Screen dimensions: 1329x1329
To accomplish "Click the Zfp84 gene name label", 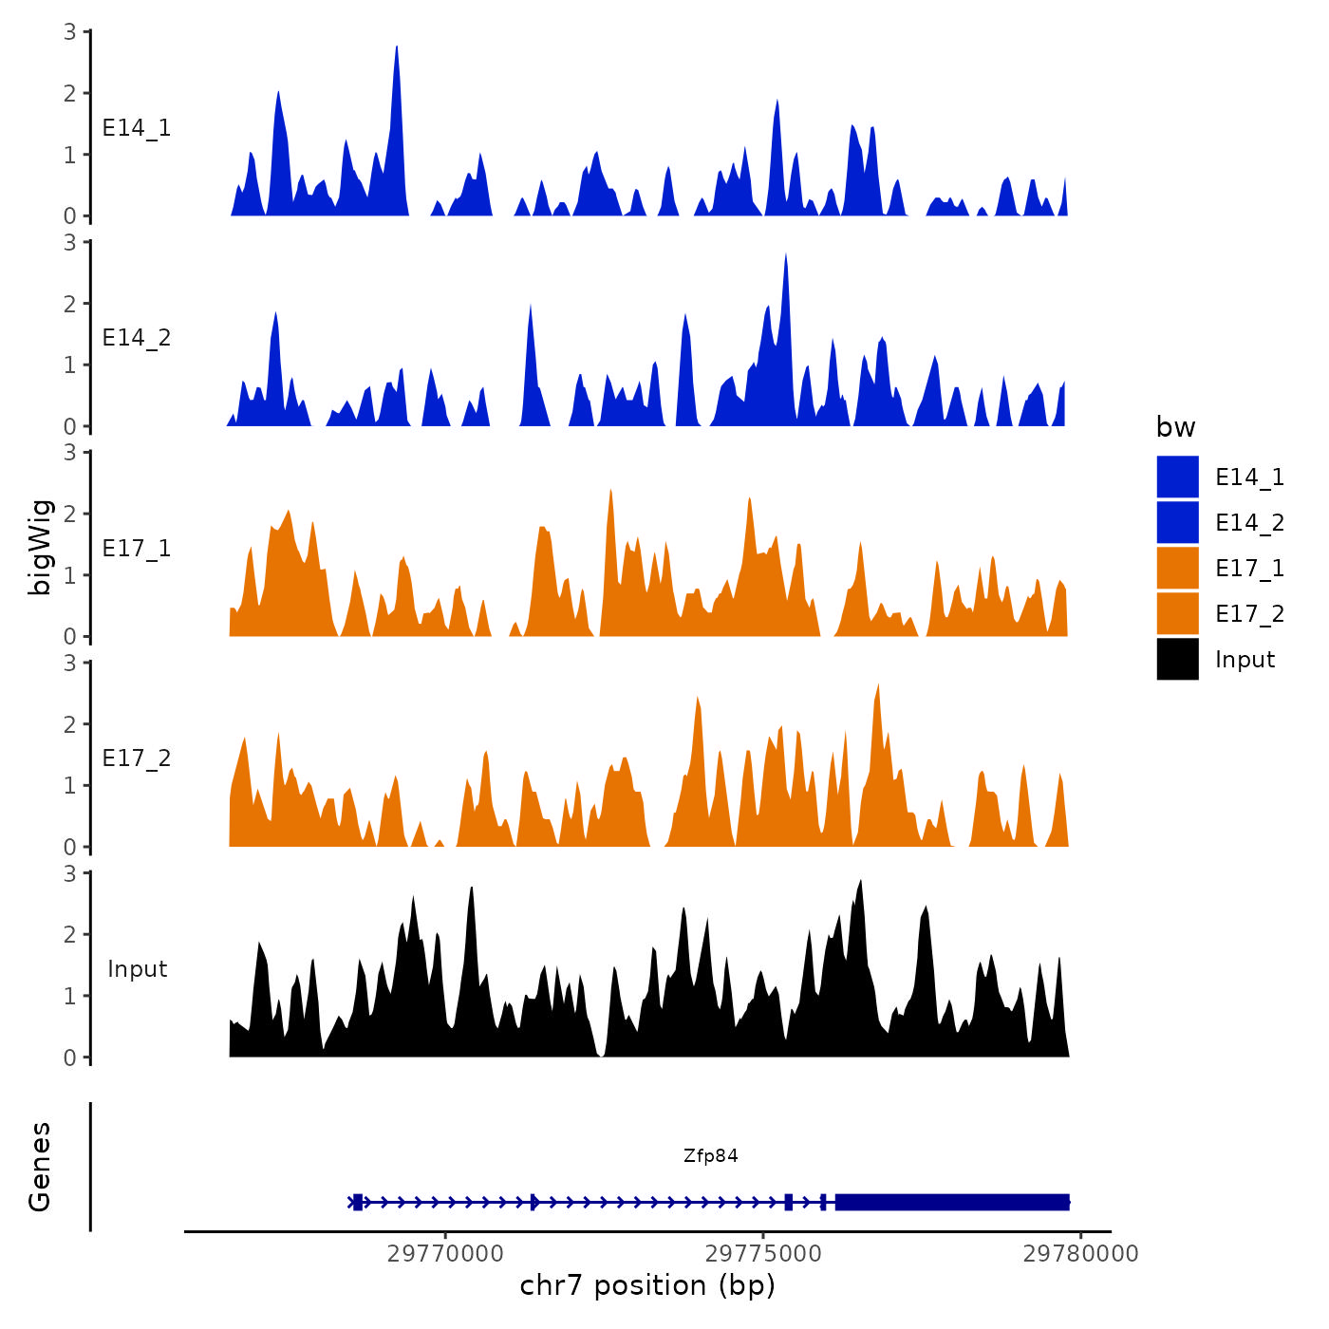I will tap(710, 1155).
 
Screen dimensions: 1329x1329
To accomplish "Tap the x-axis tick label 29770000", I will tap(445, 1253).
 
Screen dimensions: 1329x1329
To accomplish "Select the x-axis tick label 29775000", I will tap(763, 1253).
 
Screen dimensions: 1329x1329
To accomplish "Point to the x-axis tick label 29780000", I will tap(1080, 1253).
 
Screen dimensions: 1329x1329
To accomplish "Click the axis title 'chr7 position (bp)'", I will tap(647, 1285).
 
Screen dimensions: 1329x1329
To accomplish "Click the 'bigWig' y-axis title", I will tap(40, 548).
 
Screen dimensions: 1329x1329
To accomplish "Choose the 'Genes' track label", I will tap(40, 1167).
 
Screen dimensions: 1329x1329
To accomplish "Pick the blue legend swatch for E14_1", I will tap(1177, 477).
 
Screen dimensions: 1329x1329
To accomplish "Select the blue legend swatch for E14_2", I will tap(1177, 522).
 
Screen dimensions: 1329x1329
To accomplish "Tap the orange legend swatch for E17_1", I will tap(1177, 568).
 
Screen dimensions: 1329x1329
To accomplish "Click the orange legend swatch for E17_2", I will tap(1177, 613).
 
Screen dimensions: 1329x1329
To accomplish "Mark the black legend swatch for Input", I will tap(1177, 659).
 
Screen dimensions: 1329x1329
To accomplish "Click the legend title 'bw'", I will tap(1175, 427).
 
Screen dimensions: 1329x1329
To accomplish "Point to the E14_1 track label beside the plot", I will tap(137, 128).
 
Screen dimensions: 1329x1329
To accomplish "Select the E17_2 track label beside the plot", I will tap(137, 758).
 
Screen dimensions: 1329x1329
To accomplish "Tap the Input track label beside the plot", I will tap(137, 969).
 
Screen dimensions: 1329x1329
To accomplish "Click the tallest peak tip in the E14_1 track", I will tap(397, 47).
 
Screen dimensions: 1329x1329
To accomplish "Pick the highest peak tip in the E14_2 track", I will tap(786, 254).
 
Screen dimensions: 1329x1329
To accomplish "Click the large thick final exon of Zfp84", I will tap(952, 1202).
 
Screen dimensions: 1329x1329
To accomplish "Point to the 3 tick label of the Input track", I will tap(70, 873).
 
